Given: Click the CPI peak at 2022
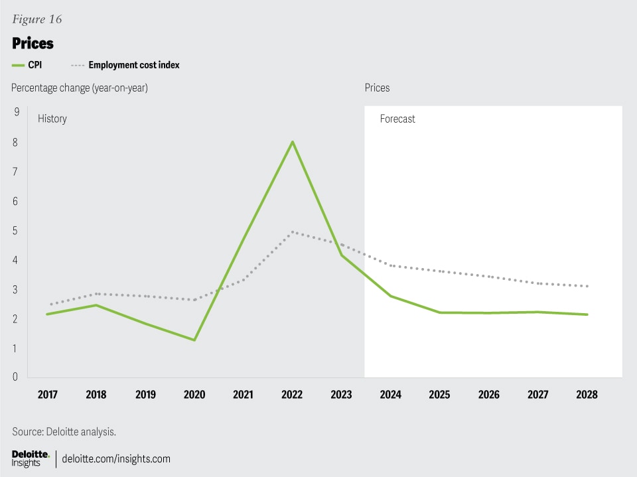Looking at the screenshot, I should [292, 142].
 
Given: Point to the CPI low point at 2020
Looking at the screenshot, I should [194, 340].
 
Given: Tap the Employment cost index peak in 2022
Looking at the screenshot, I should [292, 232].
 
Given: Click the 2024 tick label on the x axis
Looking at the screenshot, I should [390, 394].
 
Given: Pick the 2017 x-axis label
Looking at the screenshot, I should [48, 394].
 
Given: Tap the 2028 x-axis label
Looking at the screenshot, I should [587, 394].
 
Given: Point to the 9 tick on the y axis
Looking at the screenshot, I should [16, 112].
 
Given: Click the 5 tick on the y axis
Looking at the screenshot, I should [16, 231].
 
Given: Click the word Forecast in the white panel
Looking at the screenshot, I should [397, 119].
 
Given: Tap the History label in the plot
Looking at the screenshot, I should [52, 119].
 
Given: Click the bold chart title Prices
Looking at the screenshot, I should [33, 44].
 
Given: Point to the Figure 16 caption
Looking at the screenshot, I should [37, 19].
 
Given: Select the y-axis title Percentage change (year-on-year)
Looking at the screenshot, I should [79, 88].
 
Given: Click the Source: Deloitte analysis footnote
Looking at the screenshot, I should [64, 432].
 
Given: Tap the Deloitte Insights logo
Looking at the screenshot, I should [31, 458].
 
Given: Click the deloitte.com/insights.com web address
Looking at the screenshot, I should [116, 458].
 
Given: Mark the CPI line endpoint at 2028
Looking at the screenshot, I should [587, 314].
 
